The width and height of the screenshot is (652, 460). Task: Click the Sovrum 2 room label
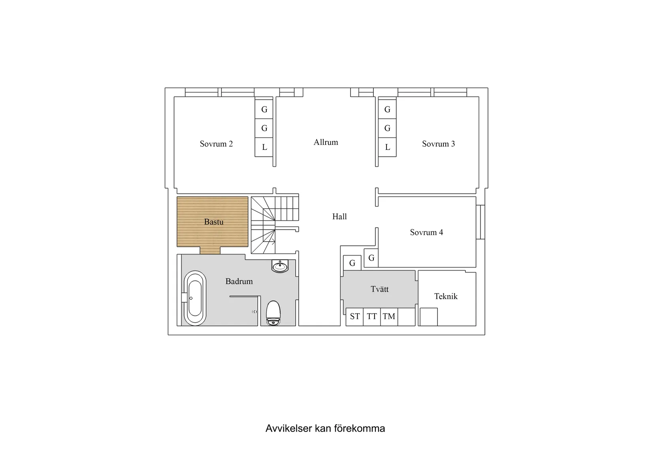(216, 144)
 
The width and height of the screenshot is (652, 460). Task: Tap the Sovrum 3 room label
(438, 144)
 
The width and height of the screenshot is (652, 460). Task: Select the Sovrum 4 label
(426, 232)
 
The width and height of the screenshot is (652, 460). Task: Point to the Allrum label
(326, 142)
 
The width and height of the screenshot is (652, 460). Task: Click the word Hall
(339, 217)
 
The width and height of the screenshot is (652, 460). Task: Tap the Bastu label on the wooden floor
(214, 222)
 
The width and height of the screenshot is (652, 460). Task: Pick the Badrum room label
(239, 281)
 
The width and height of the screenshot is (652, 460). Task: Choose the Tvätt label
(380, 289)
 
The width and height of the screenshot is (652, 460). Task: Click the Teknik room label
(446, 296)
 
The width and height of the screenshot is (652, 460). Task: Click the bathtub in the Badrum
(195, 298)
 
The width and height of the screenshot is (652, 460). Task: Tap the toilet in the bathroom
(273, 313)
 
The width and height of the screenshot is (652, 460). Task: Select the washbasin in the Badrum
(280, 266)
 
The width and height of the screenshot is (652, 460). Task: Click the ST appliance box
(354, 317)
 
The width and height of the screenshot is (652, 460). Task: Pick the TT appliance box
(372, 317)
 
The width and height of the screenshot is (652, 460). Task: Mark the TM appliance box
(389, 317)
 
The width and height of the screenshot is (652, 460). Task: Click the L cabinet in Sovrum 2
(264, 147)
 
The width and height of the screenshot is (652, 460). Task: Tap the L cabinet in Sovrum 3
(387, 147)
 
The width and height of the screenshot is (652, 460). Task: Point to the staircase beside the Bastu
(275, 224)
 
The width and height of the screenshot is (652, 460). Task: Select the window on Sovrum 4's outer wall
(480, 222)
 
